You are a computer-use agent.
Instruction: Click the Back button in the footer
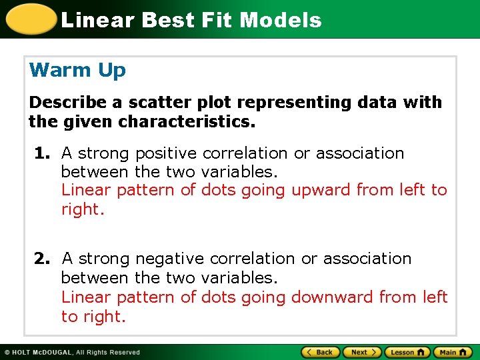click(321, 352)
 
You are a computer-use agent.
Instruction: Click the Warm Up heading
click(77, 70)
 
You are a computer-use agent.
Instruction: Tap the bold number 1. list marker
click(43, 153)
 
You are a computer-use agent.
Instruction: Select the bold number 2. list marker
click(43, 259)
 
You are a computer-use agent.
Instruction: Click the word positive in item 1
click(167, 153)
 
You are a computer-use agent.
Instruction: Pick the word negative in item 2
click(171, 259)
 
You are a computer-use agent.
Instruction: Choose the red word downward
click(333, 297)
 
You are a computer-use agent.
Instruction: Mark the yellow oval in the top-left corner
click(29, 19)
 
